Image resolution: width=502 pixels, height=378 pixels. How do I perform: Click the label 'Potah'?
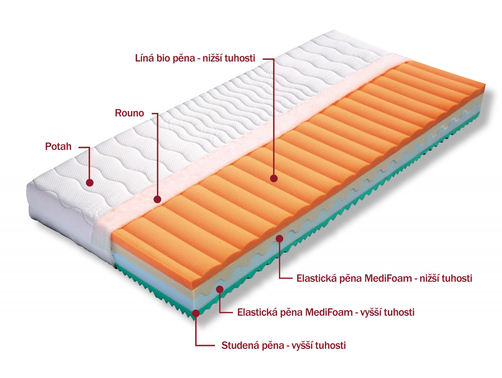[58, 146]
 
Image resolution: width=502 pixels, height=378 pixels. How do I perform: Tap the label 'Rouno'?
[129, 113]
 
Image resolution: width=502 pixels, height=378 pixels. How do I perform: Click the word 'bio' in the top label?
[163, 58]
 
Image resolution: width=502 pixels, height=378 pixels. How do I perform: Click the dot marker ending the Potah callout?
[90, 182]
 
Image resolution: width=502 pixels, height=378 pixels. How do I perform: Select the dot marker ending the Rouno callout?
[157, 199]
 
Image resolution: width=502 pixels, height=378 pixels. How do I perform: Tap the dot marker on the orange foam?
[274, 178]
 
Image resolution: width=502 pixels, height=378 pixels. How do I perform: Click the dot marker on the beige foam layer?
[279, 238]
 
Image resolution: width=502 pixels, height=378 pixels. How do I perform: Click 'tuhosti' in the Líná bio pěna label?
[240, 58]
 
